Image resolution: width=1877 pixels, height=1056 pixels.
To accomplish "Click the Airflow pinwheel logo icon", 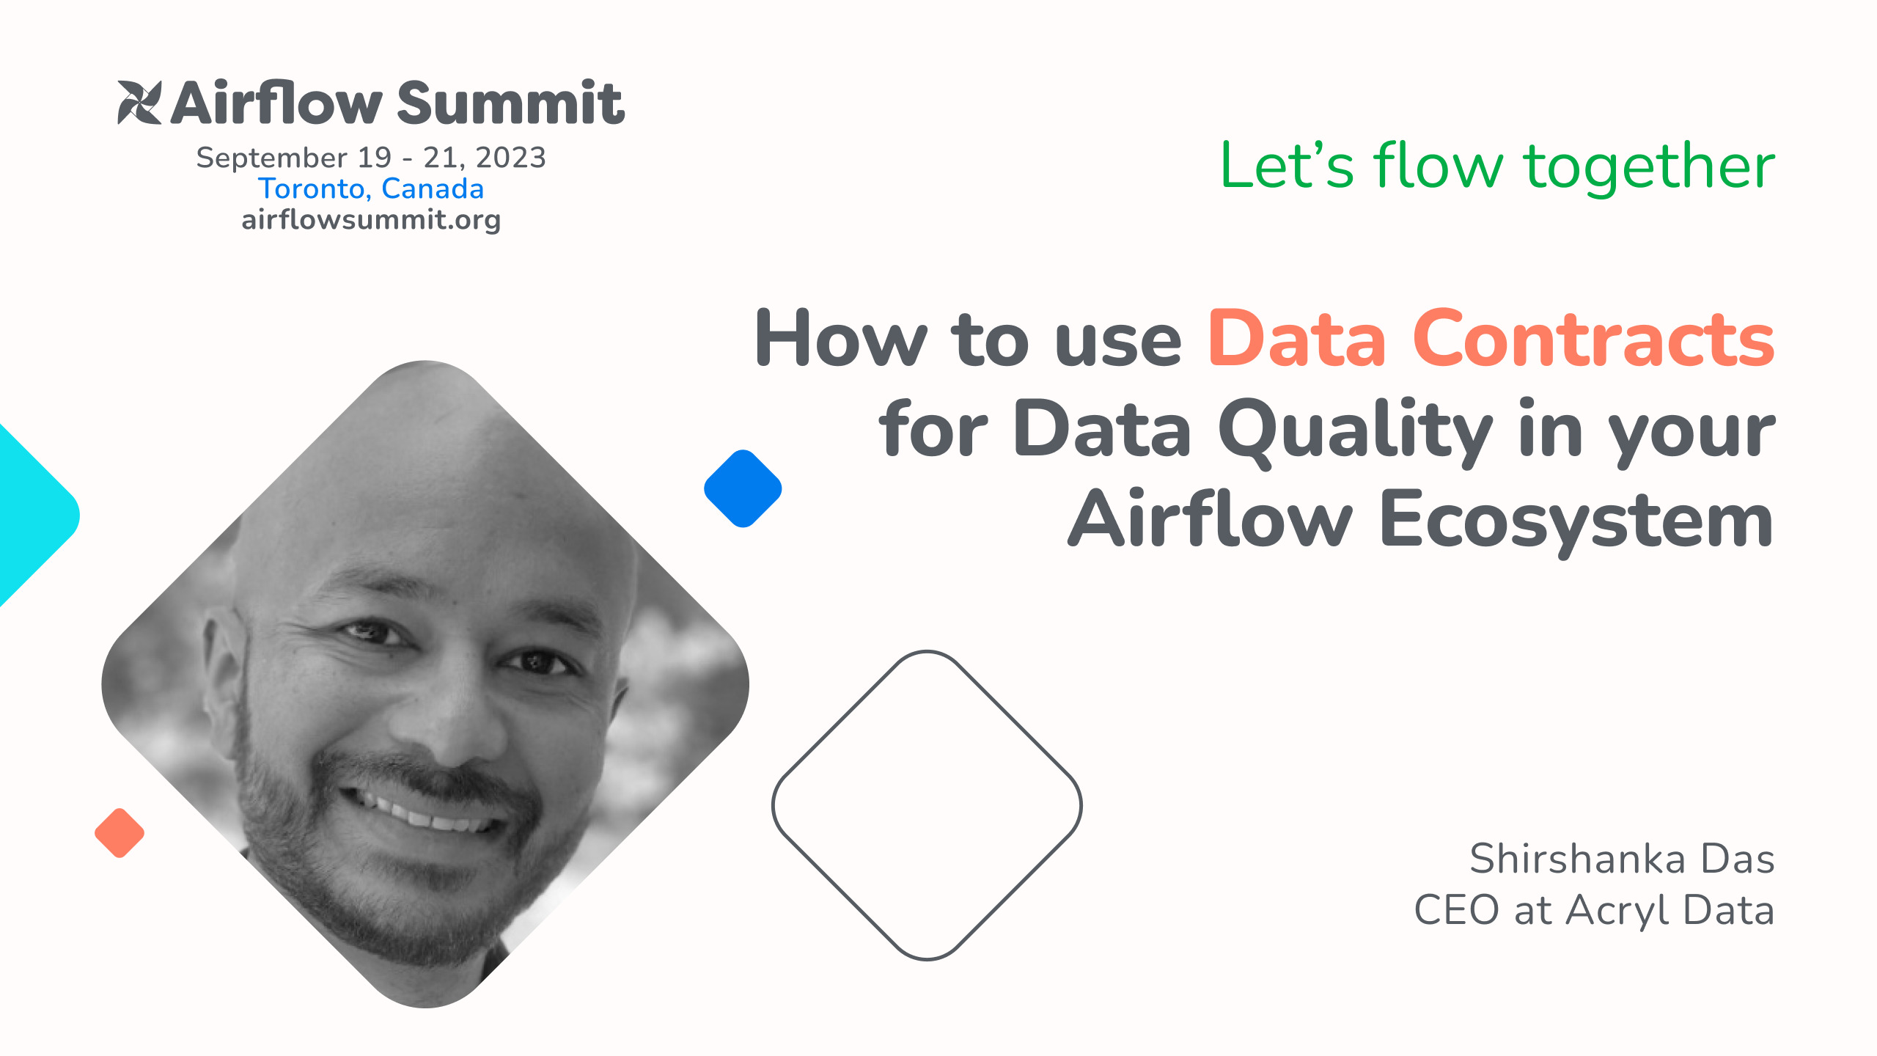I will coord(139,102).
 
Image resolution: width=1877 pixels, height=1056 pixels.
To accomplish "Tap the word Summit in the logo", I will coord(510,103).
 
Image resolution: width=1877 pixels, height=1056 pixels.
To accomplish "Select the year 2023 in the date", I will coord(510,158).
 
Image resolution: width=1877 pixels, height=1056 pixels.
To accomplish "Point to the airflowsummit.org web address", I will coord(371,220).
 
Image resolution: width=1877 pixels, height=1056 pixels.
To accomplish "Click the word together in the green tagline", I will coord(1649,166).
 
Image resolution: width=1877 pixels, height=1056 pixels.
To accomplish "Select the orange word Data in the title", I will coord(1296,339).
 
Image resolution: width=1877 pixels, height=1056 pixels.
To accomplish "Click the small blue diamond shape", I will coord(743,488).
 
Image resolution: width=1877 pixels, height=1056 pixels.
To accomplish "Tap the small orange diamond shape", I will coord(120,833).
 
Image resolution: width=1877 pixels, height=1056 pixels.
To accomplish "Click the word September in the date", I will coord(271,158).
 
